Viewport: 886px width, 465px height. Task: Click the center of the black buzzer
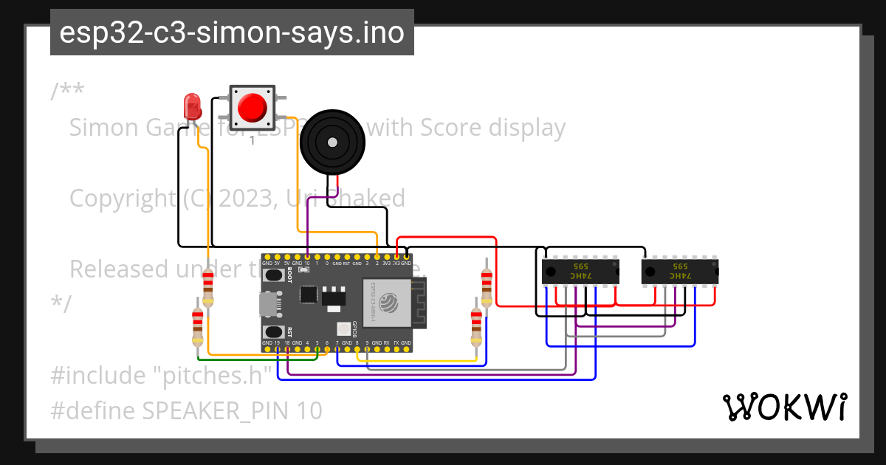[x=333, y=142]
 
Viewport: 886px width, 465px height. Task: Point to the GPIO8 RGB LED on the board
[x=343, y=329]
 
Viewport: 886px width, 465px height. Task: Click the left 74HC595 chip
[x=580, y=271]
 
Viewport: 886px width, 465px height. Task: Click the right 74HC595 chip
[x=680, y=271]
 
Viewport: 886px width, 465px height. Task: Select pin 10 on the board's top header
[x=307, y=256]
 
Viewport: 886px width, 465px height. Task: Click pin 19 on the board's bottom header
[x=277, y=349]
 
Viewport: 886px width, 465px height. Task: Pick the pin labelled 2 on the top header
[x=377, y=256]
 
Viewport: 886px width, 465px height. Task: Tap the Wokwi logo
[x=783, y=407]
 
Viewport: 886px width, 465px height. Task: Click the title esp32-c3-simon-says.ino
[x=232, y=32]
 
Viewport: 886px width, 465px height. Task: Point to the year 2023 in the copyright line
[x=246, y=199]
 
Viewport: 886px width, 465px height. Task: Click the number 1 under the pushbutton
[x=252, y=139]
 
